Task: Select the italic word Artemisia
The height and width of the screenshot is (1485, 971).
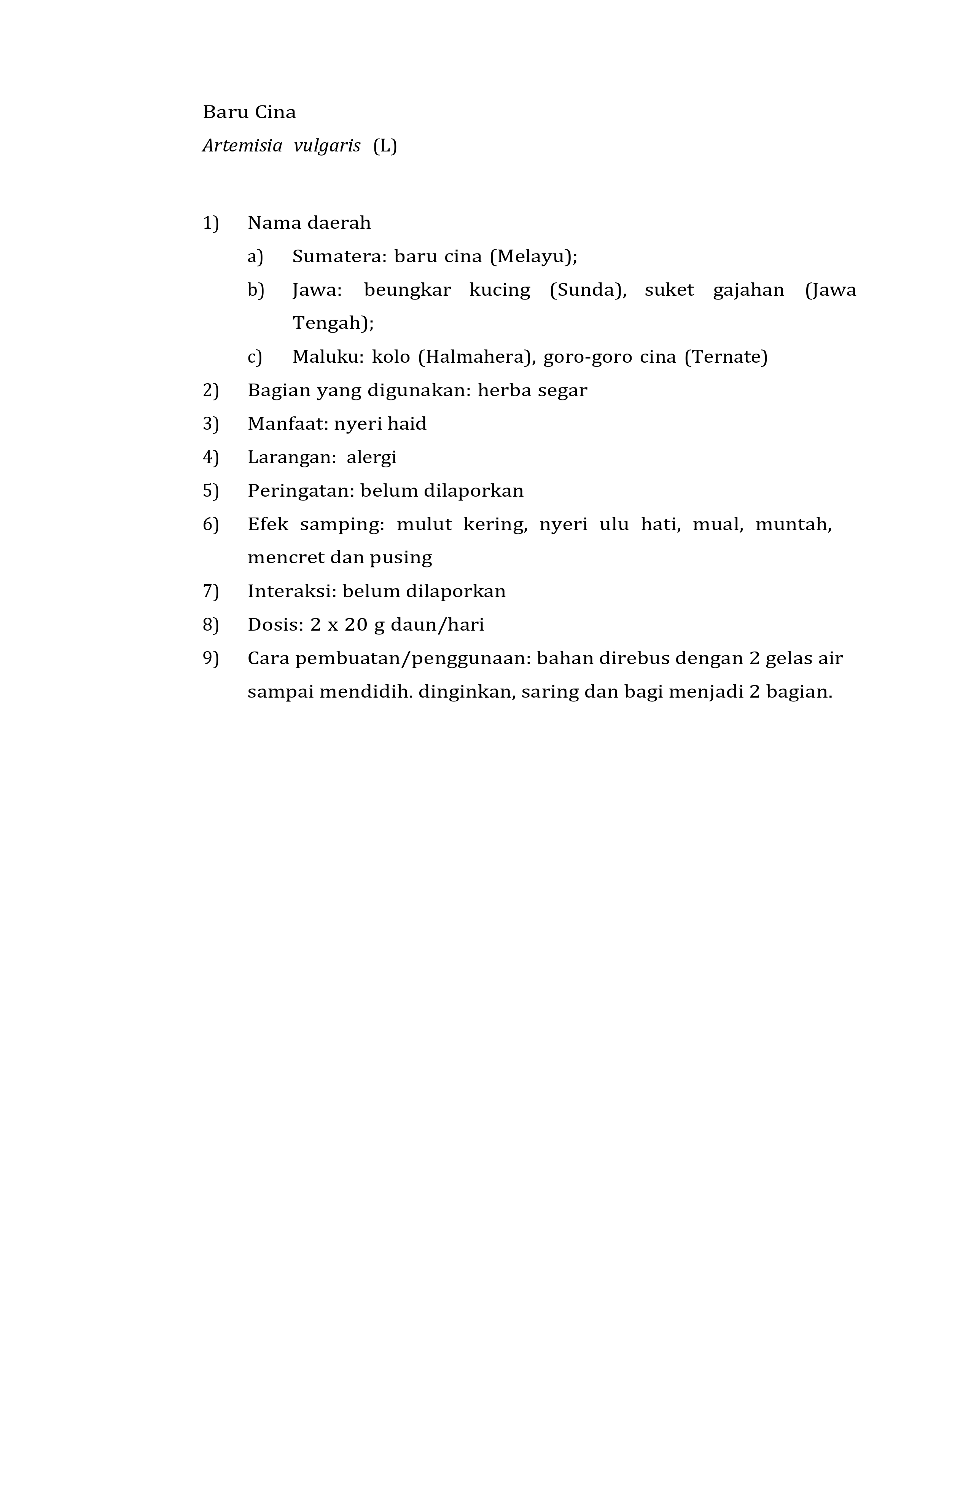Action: tap(242, 146)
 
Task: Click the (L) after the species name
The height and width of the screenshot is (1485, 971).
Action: tap(385, 146)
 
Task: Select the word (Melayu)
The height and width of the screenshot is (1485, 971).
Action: tap(532, 257)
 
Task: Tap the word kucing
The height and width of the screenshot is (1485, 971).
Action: tap(500, 290)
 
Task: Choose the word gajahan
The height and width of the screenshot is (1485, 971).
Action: tap(748, 290)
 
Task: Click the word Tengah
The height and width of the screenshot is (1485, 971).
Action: tap(329, 323)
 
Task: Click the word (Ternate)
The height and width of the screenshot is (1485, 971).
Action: tap(725, 357)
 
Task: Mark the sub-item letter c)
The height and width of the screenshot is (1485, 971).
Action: tap(255, 357)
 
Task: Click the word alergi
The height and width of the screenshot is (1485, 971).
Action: tap(372, 457)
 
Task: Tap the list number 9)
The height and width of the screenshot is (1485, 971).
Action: tap(211, 658)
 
